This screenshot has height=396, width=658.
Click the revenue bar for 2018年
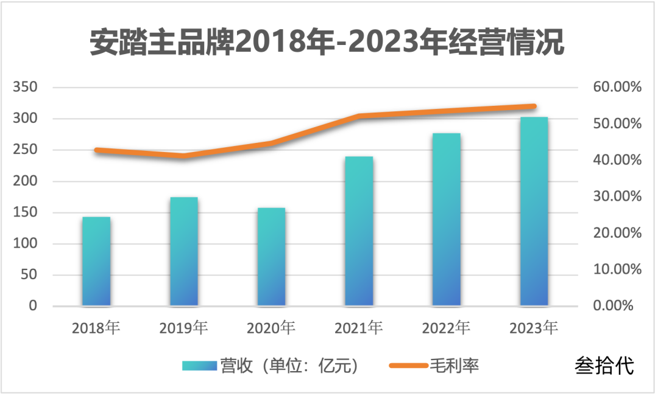(x=96, y=261)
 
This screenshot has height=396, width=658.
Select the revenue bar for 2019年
(x=183, y=251)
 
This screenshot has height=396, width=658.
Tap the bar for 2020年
(x=271, y=257)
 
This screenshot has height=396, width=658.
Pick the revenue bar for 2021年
(x=359, y=231)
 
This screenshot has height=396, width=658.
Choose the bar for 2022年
(x=447, y=219)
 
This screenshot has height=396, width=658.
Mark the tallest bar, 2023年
(x=534, y=211)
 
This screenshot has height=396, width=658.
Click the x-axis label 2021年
(x=359, y=328)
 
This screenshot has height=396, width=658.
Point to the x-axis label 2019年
(x=183, y=328)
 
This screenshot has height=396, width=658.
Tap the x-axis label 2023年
(x=534, y=328)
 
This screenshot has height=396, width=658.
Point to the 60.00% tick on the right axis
(x=617, y=88)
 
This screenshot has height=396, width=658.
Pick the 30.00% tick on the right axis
(x=617, y=196)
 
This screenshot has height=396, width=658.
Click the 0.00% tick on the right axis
(x=617, y=305)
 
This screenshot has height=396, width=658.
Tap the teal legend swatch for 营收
(x=199, y=366)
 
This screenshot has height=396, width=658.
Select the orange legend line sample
(x=408, y=366)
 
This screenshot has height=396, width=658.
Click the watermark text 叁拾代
(x=604, y=365)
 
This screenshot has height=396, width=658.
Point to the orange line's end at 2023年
(x=534, y=106)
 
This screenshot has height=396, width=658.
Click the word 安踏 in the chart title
(x=114, y=44)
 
